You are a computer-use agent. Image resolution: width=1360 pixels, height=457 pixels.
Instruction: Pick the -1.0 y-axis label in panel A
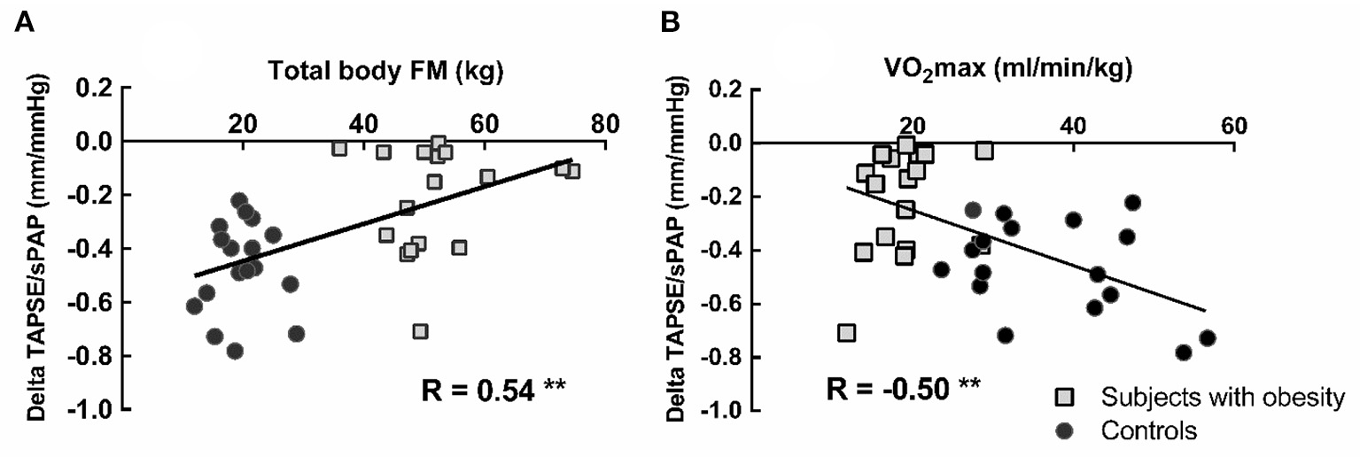[96, 410]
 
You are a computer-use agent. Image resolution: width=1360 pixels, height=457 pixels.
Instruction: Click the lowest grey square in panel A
[421, 331]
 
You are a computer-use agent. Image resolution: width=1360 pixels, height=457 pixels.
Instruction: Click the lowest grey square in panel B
[846, 333]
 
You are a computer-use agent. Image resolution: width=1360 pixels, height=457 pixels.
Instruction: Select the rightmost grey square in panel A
[572, 171]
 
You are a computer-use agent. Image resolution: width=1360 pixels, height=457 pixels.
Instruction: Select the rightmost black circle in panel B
[1207, 338]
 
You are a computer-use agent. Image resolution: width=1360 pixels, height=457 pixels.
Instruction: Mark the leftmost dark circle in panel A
[194, 306]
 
